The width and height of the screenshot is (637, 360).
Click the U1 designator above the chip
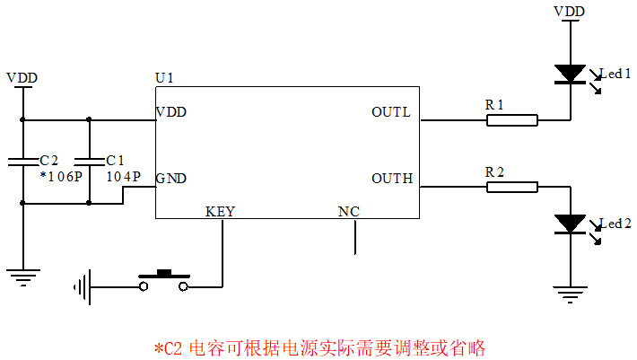(164, 78)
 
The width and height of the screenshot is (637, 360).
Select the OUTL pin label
(390, 112)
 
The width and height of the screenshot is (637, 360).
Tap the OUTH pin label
(391, 178)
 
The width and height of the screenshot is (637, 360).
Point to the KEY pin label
(220, 212)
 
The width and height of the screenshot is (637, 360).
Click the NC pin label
(348, 212)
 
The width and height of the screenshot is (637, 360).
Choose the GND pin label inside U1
(171, 178)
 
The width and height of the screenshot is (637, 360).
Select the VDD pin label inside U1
(171, 112)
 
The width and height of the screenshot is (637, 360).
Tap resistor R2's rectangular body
(512, 187)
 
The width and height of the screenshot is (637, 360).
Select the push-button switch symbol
(163, 280)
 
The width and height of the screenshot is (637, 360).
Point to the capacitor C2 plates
(23, 162)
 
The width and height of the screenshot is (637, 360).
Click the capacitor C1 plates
(89, 162)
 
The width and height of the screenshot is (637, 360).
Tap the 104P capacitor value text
(124, 177)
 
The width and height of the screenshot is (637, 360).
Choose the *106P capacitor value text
(60, 177)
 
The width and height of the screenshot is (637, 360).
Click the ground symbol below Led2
(570, 292)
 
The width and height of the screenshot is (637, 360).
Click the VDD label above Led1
(570, 11)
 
